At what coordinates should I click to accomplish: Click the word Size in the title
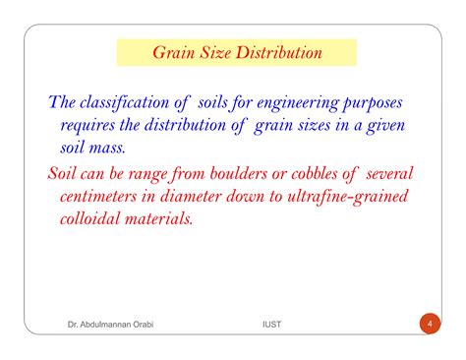209,52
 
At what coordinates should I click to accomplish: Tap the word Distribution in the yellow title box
279,52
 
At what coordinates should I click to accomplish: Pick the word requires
93,127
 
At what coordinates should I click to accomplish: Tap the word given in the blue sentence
382,127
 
